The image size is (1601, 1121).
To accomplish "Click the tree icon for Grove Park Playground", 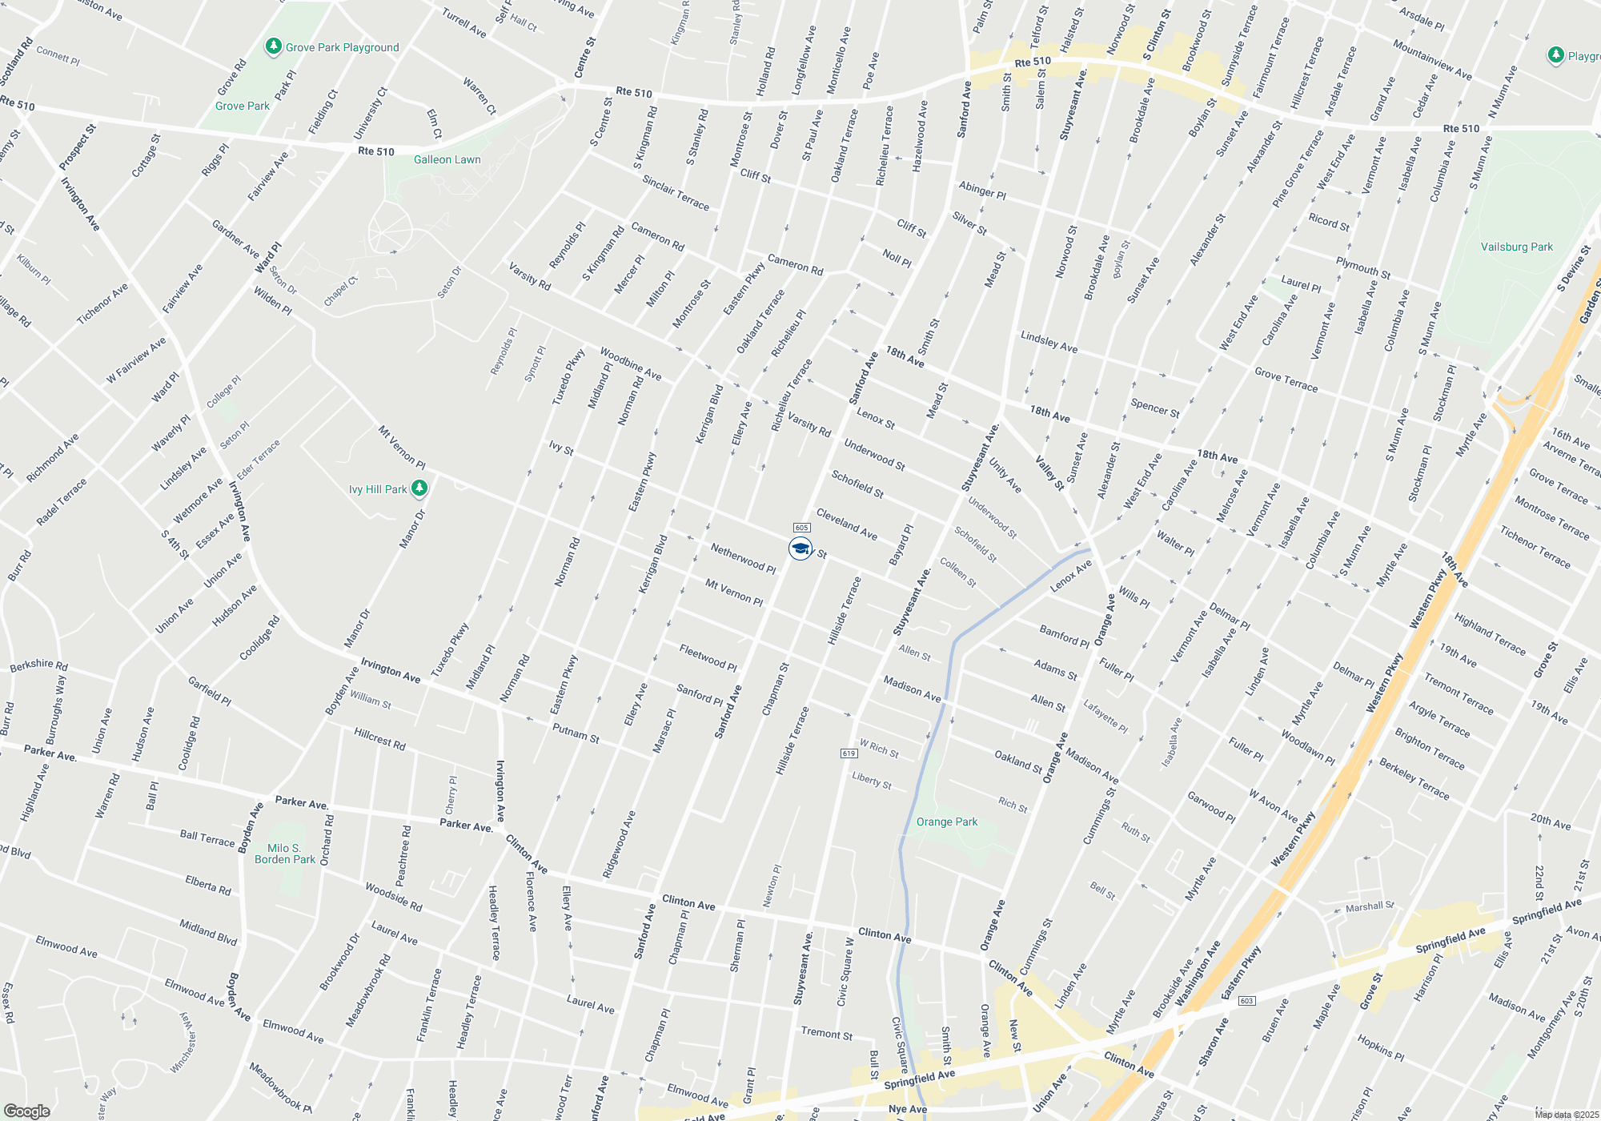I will (273, 46).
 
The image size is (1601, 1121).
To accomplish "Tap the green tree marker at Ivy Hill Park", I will (419, 488).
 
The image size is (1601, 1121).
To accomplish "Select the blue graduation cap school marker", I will (800, 548).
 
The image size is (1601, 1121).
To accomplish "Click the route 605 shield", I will (802, 528).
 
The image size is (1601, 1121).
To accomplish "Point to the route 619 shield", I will (849, 753).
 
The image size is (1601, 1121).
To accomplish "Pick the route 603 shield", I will (1246, 1001).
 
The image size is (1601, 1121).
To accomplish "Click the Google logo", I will (26, 1111).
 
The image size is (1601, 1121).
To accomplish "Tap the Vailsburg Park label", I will (1516, 247).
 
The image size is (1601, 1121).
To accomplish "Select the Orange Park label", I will (947, 822).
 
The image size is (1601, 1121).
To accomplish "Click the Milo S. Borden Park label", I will (285, 854).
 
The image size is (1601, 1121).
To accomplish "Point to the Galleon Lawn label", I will (447, 159).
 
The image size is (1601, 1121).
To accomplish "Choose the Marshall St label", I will (1370, 906).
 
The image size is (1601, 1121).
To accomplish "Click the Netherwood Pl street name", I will (743, 557).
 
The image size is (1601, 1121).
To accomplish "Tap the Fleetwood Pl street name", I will (708, 657).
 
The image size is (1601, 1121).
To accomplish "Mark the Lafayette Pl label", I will (1105, 716).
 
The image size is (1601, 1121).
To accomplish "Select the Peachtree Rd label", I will (404, 855).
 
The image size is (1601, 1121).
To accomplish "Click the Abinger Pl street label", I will (982, 190).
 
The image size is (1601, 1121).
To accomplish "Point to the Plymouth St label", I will (1362, 267).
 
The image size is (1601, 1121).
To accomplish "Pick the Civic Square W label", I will (845, 971).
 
